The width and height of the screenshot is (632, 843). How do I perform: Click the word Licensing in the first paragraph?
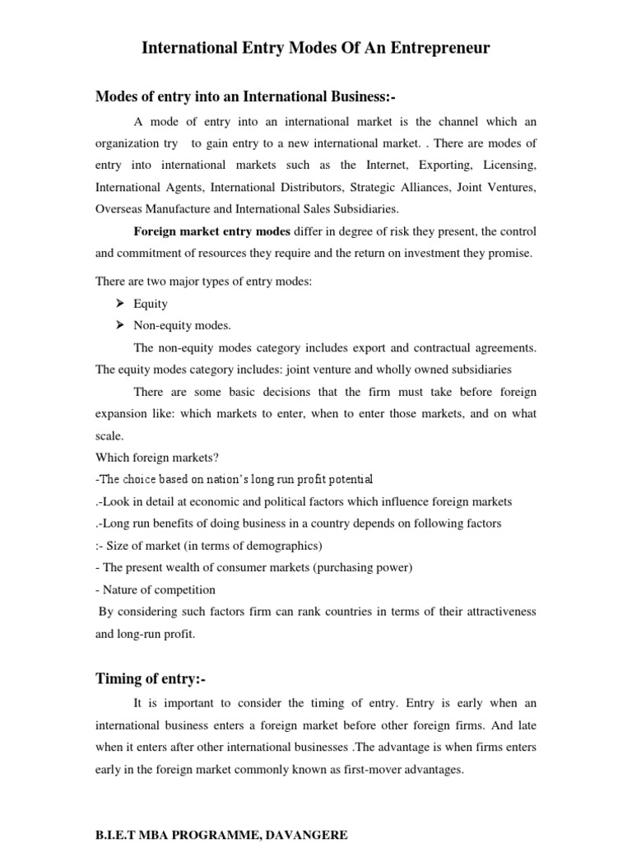(x=508, y=165)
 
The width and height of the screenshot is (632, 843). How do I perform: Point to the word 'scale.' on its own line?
(x=109, y=436)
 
